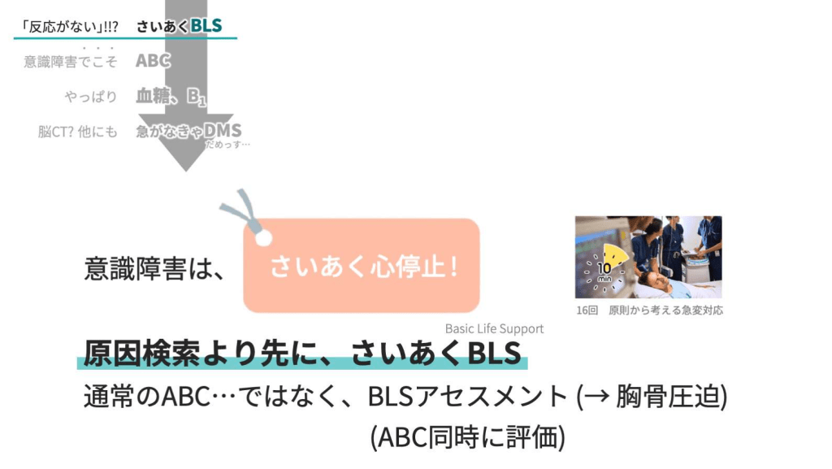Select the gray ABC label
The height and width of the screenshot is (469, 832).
click(x=153, y=61)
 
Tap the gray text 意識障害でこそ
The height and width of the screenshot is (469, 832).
click(x=71, y=62)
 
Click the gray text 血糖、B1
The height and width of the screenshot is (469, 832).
click(x=171, y=97)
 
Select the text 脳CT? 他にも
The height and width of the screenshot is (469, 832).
click(x=77, y=132)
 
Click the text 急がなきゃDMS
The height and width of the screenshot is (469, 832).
click(x=188, y=131)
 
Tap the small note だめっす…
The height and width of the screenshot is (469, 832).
click(x=227, y=145)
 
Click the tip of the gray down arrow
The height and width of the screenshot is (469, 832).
click(x=186, y=168)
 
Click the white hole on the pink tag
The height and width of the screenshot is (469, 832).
click(x=262, y=237)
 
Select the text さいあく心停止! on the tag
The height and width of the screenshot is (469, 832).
click(x=363, y=267)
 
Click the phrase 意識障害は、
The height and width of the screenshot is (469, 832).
click(x=154, y=268)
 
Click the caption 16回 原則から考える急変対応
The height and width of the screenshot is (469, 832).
click(x=648, y=310)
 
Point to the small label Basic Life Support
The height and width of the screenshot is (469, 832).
click(x=494, y=328)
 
